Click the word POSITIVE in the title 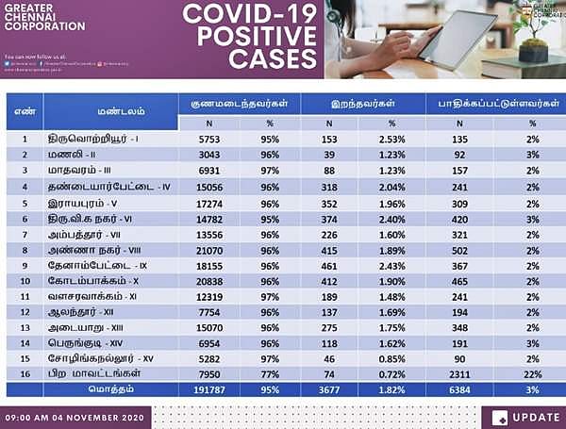(249, 37)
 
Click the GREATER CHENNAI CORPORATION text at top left (44, 19)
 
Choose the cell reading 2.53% (391, 139)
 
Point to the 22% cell (532, 372)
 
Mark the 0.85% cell (391, 358)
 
